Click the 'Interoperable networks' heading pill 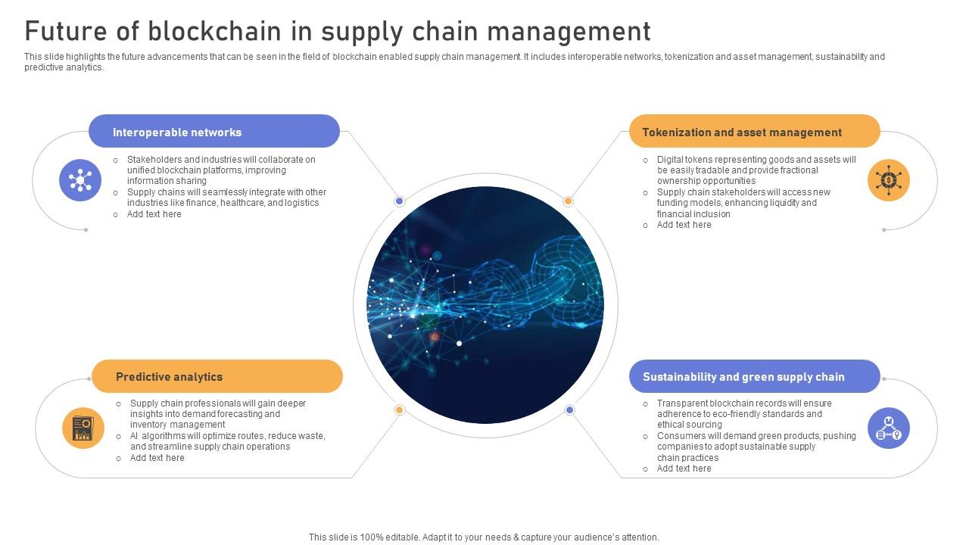coord(214,132)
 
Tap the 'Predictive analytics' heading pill coord(217,376)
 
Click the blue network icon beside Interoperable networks coord(80,180)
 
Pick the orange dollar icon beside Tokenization coord(888,180)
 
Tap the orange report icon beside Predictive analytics coord(83,428)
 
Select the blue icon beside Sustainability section coord(888,428)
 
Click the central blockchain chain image coord(485,305)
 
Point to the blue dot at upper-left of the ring coord(400,201)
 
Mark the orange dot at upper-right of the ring coord(568,201)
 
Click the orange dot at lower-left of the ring coord(400,410)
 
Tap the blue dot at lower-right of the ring coord(569,410)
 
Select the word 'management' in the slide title coord(569,32)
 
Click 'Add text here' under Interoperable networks coord(154,214)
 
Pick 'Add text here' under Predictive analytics coord(157,458)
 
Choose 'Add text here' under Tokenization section coord(684,225)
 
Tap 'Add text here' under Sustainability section coord(684,469)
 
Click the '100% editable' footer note coord(484,537)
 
